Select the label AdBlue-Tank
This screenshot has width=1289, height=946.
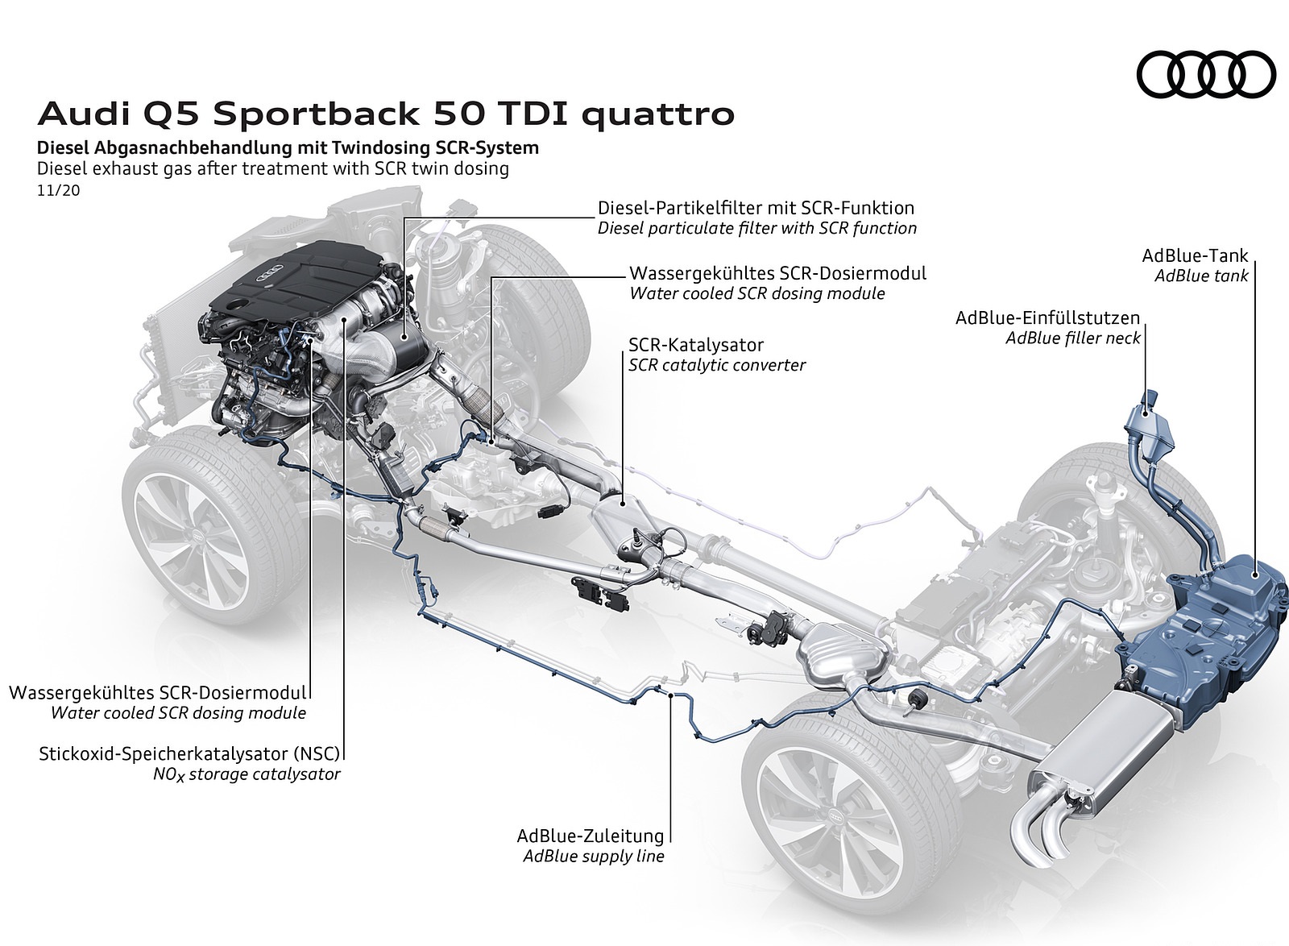(1194, 255)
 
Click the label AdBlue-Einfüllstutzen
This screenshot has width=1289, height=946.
(1048, 317)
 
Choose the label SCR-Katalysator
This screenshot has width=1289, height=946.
(696, 345)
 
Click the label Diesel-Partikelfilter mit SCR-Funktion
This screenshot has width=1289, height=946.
(756, 208)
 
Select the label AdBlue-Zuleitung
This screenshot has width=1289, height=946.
(591, 836)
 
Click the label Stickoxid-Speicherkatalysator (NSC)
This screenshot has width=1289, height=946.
(189, 754)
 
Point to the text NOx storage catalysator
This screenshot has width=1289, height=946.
(247, 774)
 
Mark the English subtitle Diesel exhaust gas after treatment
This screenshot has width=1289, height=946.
(272, 169)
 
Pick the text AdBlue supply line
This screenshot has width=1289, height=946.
(593, 856)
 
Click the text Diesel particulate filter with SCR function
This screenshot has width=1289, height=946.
(757, 228)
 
